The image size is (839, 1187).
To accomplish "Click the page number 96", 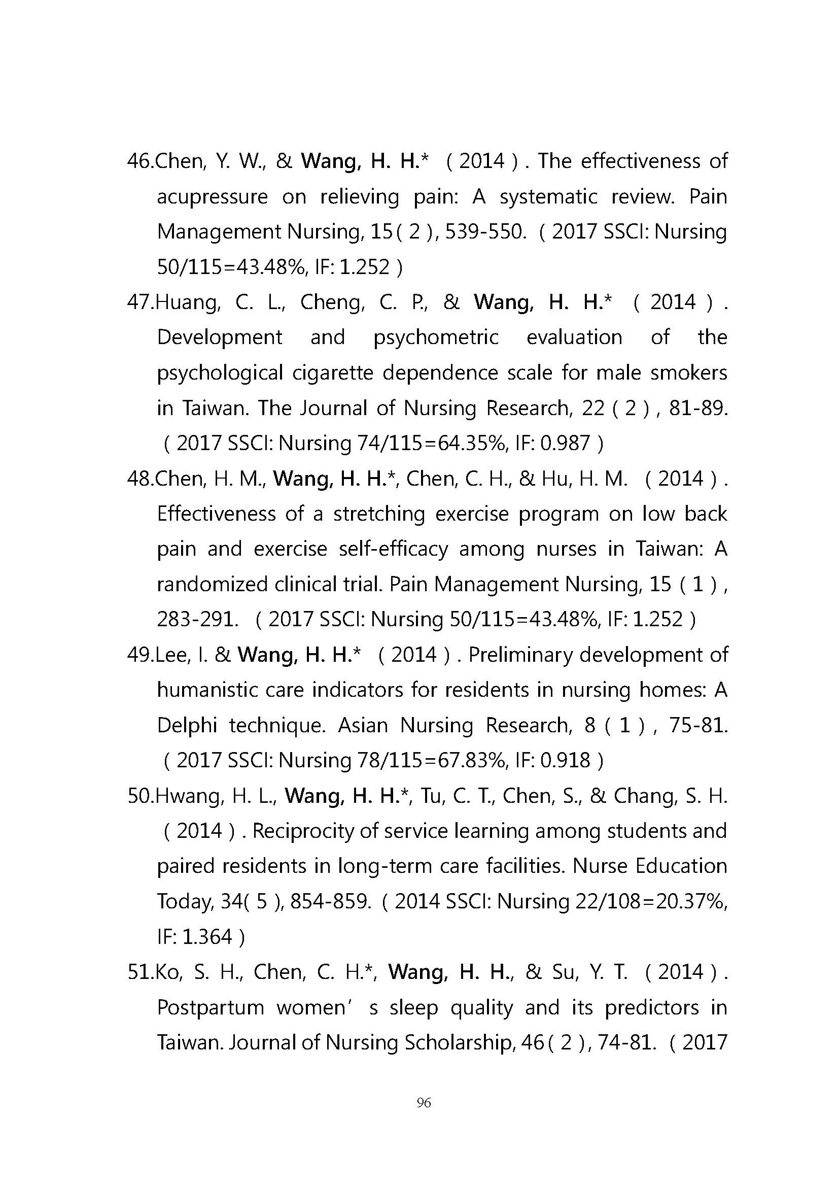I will pyautogui.click(x=423, y=1103).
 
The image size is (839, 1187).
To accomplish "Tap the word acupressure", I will pyautogui.click(x=213, y=197).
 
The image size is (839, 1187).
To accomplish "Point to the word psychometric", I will pyautogui.click(x=436, y=337).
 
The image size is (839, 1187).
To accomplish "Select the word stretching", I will pyautogui.click(x=379, y=514).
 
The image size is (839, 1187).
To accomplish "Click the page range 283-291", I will pyautogui.click(x=197, y=619).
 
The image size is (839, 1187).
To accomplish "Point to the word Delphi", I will pyautogui.click(x=187, y=725).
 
